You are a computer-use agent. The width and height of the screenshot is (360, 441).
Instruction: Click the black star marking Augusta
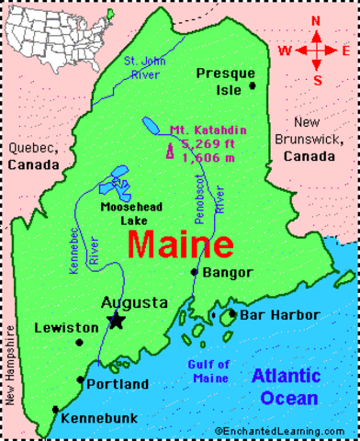pyautogui.click(x=116, y=320)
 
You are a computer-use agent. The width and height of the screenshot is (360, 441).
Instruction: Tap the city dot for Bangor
pyautogui.click(x=194, y=272)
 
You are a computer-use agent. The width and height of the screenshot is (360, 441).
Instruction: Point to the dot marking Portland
pyautogui.click(x=80, y=379)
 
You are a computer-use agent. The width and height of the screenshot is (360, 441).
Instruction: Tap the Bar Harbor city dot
pyautogui.click(x=232, y=314)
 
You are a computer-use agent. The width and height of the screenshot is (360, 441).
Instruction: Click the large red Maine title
pyautogui.click(x=180, y=245)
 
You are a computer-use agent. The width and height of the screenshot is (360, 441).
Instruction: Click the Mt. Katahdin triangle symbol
pyautogui.click(x=169, y=151)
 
